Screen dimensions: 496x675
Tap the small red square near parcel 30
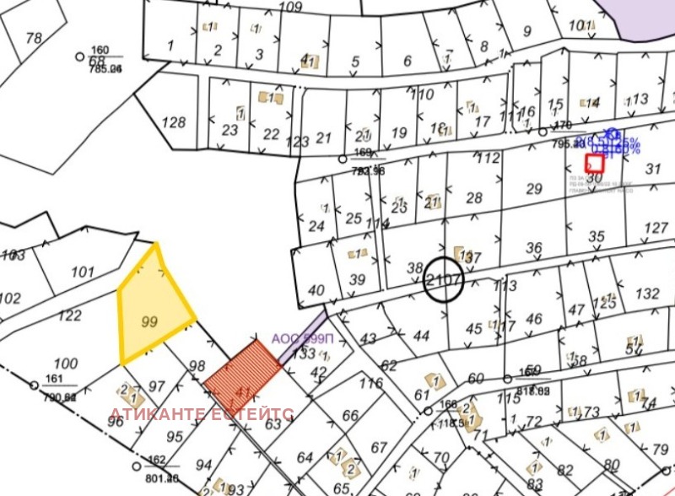pos(595,163)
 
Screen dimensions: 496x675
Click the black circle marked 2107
pos(444,280)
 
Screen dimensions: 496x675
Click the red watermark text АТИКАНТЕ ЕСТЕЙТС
pos(201,414)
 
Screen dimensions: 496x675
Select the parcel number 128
pos(173,122)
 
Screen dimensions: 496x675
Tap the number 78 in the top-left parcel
pos(34,38)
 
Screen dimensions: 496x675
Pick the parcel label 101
pos(83,272)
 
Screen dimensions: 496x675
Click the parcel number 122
pos(69,315)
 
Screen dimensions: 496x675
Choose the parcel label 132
pos(647,294)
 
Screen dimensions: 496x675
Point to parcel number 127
pos(656,229)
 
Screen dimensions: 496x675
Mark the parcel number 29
pos(533,189)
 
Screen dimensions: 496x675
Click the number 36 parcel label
pos(533,248)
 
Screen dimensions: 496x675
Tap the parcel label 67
pos(380,447)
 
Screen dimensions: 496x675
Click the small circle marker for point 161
pos(35,385)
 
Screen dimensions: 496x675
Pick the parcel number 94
pos(203,465)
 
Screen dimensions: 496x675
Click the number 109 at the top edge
pos(290,7)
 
